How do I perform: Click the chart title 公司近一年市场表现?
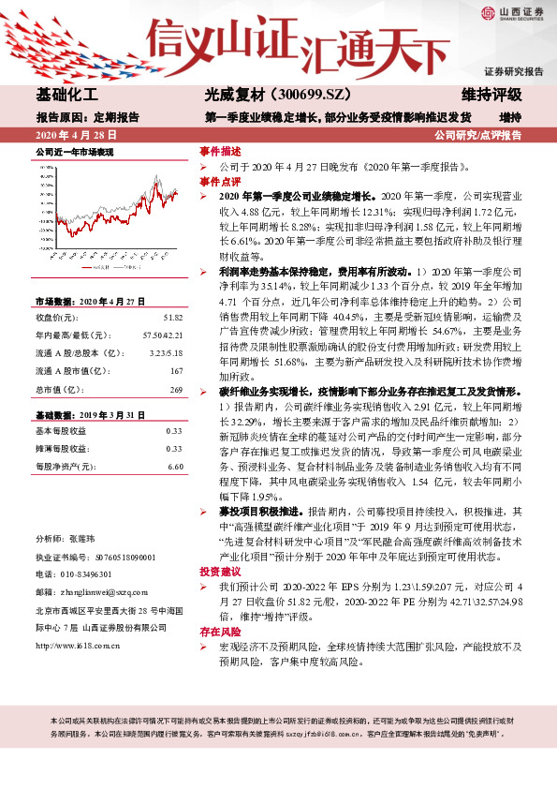(74, 151)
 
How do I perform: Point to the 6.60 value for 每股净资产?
(174, 466)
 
